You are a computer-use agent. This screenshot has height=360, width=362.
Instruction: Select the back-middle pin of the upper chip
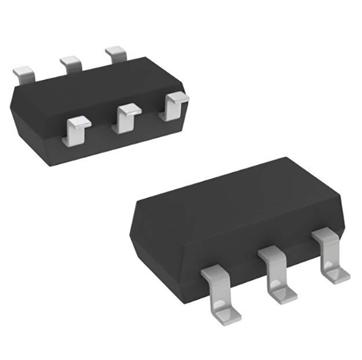coord(71,64)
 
